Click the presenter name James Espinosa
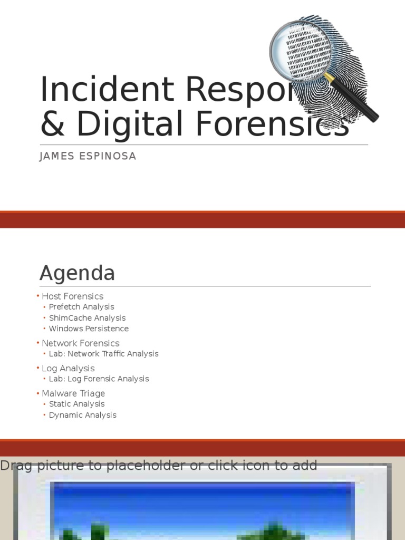click(x=88, y=157)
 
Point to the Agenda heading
click(x=77, y=273)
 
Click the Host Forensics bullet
click(x=72, y=296)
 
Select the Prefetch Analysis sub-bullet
click(x=81, y=307)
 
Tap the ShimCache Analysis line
click(x=87, y=318)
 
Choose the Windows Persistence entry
click(x=89, y=329)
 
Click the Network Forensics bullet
click(x=80, y=343)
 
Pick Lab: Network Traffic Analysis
click(x=103, y=354)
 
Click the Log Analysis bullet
click(x=68, y=368)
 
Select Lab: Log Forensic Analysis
click(x=99, y=379)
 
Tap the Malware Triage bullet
click(x=73, y=393)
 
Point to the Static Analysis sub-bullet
click(x=76, y=404)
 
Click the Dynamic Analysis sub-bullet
click(x=82, y=415)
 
